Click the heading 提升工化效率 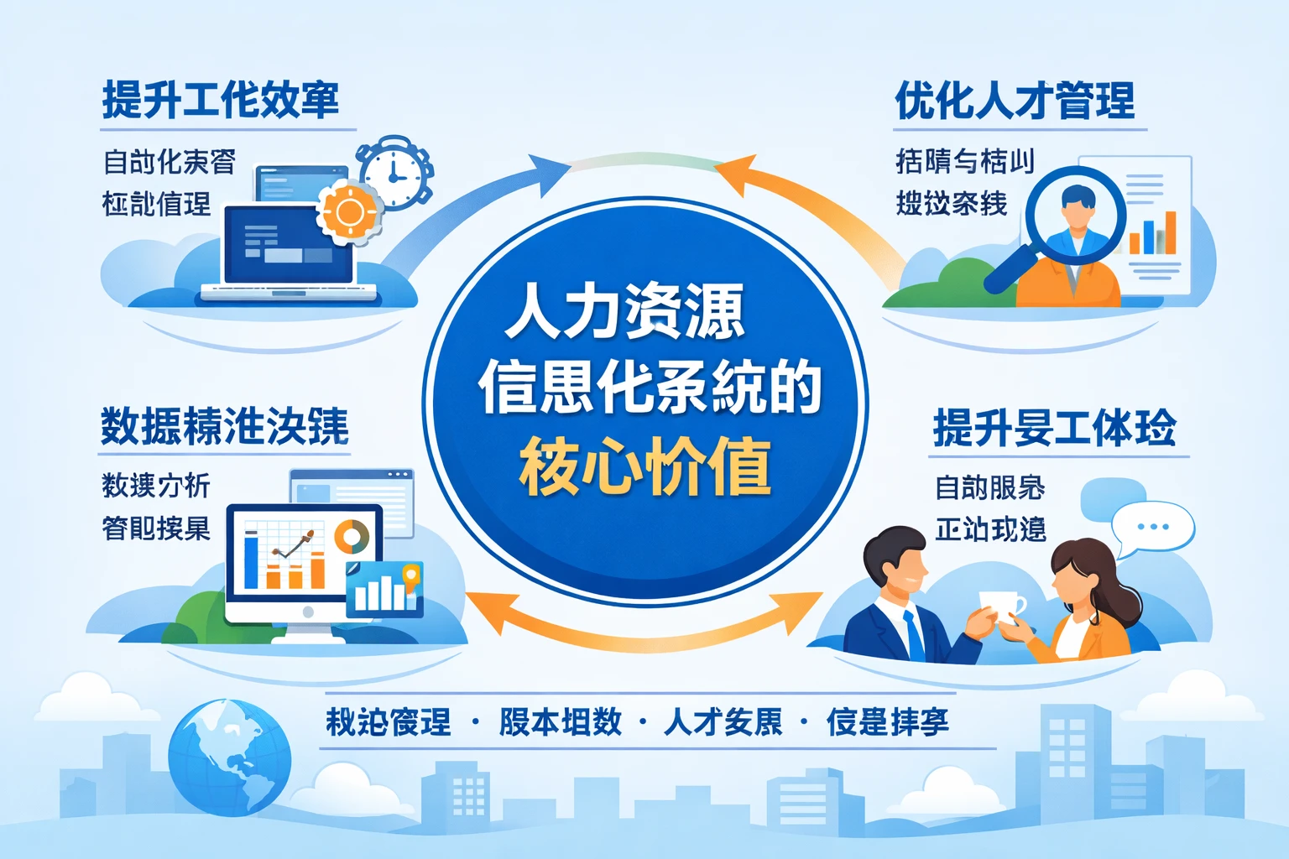[221, 101]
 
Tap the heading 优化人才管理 [1015, 101]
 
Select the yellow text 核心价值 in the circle [644, 466]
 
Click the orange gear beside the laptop [349, 211]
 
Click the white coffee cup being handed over [1002, 606]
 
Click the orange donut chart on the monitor [352, 536]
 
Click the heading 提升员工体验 [1054, 428]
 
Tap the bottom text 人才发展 [723, 721]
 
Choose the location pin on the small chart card [410, 575]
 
